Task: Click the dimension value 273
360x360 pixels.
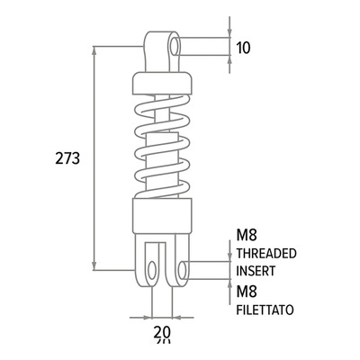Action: click(x=67, y=158)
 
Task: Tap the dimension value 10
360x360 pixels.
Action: click(x=243, y=48)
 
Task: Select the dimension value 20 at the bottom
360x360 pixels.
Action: click(x=162, y=332)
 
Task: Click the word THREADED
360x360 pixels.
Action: click(x=266, y=254)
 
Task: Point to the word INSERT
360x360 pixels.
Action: click(x=256, y=271)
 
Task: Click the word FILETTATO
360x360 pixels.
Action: click(x=265, y=310)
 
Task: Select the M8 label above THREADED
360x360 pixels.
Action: click(x=247, y=236)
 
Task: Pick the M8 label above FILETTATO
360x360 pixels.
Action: click(x=247, y=292)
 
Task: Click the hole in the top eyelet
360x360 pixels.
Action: click(x=174, y=47)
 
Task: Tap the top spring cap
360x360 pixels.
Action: click(x=162, y=83)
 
